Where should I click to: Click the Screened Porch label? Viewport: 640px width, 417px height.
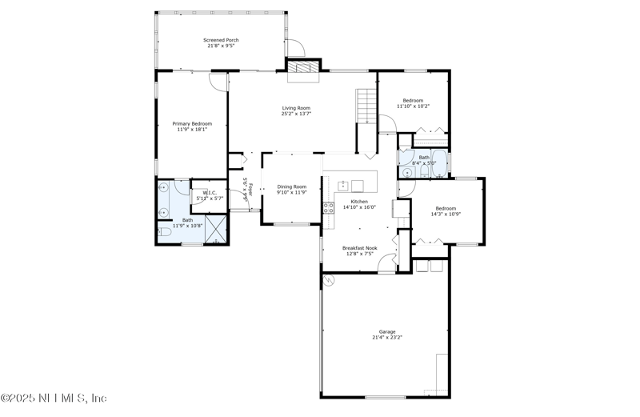pyautogui.click(x=221, y=40)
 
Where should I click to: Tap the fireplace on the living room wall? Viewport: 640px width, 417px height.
pyautogui.click(x=303, y=70)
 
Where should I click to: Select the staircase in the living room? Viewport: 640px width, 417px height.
pyautogui.click(x=366, y=106)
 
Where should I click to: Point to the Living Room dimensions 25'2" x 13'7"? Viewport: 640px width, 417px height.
pyautogui.click(x=295, y=114)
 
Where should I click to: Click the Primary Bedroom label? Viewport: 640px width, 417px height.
pyautogui.click(x=192, y=124)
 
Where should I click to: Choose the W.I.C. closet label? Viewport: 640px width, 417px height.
pyautogui.click(x=210, y=193)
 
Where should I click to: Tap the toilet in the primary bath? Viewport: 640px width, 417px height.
pyautogui.click(x=165, y=231)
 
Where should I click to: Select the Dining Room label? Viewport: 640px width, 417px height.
pyautogui.click(x=291, y=186)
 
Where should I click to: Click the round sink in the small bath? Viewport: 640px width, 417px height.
pyautogui.click(x=408, y=171)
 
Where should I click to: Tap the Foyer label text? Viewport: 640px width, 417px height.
pyautogui.click(x=250, y=189)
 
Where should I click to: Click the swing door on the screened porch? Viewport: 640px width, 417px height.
pyautogui.click(x=294, y=47)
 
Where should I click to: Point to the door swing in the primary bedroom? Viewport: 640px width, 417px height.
pyautogui.click(x=218, y=81)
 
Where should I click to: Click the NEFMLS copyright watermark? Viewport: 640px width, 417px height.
pyautogui.click(x=54, y=398)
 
